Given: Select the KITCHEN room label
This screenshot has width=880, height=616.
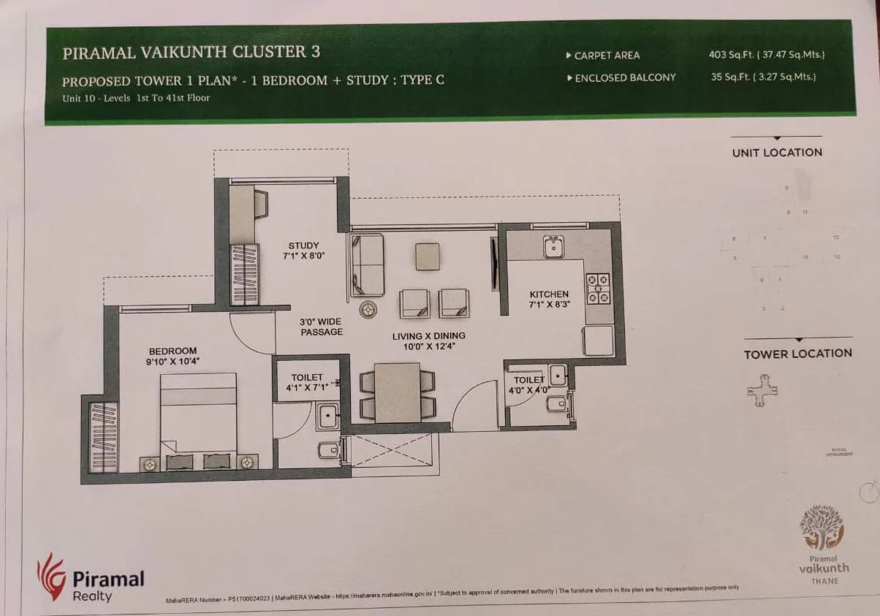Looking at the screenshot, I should point(549,294).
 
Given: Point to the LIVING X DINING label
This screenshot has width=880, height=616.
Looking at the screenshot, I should point(428,336).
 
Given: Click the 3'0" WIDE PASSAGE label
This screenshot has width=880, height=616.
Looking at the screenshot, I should point(321,327).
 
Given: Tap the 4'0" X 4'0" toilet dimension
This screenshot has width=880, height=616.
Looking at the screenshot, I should point(528,390).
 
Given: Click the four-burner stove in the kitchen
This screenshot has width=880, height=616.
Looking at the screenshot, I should point(598,288).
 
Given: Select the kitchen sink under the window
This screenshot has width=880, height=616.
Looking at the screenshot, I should point(553,247).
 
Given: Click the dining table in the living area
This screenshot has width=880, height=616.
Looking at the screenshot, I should point(397,392).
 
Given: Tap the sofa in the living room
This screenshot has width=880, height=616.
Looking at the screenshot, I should point(365,261).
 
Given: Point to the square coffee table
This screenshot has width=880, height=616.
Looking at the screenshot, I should point(427,256).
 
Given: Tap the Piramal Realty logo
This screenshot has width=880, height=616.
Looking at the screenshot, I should point(91,577).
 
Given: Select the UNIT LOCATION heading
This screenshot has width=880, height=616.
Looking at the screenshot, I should point(776,153).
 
